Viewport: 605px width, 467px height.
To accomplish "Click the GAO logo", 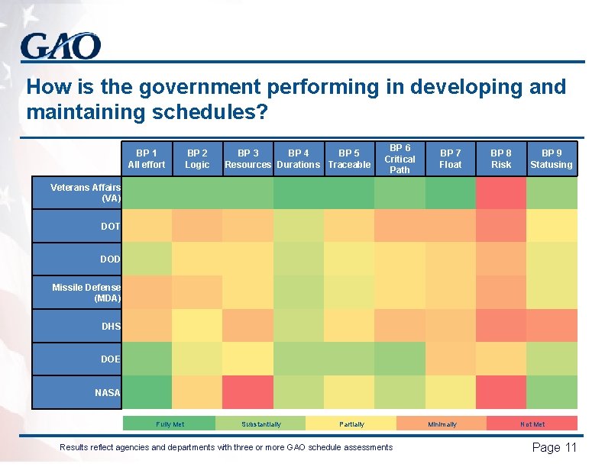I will (x=60, y=46).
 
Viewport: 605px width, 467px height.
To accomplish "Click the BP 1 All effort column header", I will (x=147, y=159).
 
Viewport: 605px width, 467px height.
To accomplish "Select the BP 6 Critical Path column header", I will (x=400, y=159).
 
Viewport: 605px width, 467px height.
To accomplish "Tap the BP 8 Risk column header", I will (x=501, y=159).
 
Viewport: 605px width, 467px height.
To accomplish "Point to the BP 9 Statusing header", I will (x=552, y=159).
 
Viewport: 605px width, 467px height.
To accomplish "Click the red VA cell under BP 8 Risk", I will (x=501, y=193).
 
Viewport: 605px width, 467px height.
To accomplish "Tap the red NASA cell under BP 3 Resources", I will (x=247, y=392).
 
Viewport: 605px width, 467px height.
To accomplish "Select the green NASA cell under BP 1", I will (x=147, y=392).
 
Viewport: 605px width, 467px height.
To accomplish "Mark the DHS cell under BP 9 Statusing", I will (x=552, y=326).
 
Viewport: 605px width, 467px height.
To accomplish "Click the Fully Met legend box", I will (x=170, y=424).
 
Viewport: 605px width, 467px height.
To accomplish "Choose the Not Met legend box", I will (x=532, y=424).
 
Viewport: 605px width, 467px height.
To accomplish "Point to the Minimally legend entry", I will (x=442, y=424).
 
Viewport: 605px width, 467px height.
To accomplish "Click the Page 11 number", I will (x=554, y=448).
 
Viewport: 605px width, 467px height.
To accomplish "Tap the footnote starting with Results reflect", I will (x=226, y=447).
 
